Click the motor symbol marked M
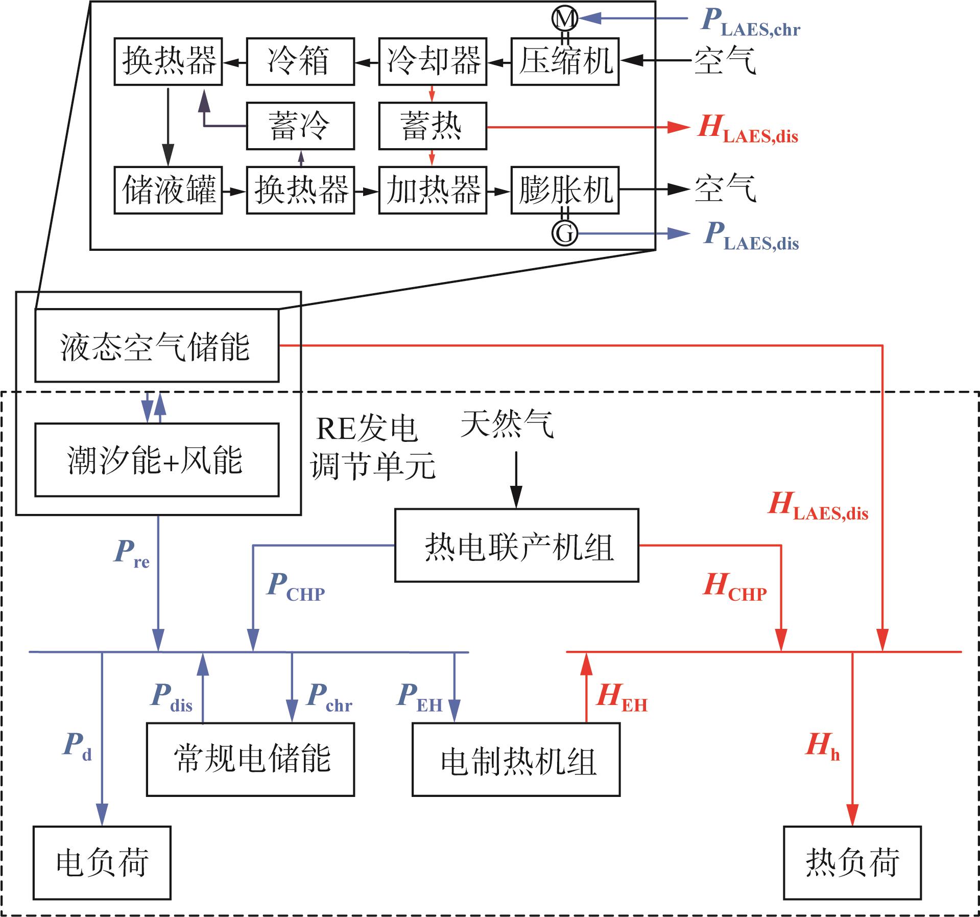click(x=565, y=19)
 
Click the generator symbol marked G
click(x=565, y=233)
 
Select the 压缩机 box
click(x=565, y=61)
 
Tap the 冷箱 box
click(x=300, y=61)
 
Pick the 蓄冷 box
click(x=300, y=126)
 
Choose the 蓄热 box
click(x=433, y=126)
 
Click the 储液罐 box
click(x=168, y=190)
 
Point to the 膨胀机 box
click(x=565, y=190)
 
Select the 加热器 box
click(x=433, y=190)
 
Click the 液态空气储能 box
click(x=157, y=345)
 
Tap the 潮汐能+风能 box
click(x=157, y=460)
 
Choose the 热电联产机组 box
click(x=517, y=545)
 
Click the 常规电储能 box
click(x=250, y=759)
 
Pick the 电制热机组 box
click(x=516, y=759)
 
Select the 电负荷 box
click(x=102, y=863)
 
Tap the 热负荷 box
click(x=852, y=863)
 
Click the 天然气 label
click(x=507, y=424)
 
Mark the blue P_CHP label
click(x=296, y=587)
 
